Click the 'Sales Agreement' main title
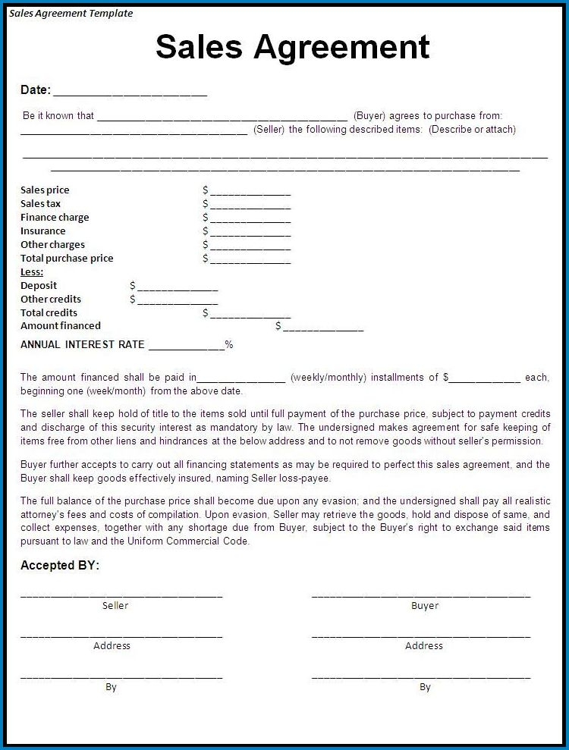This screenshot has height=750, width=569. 292,47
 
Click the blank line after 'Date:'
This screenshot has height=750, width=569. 130,93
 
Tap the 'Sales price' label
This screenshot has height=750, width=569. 45,190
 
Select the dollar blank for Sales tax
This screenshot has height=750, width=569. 250,205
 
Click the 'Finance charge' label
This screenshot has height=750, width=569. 55,218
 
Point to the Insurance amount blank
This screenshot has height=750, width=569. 250,232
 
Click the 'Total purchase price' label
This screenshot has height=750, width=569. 67,259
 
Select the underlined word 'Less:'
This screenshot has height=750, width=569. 32,271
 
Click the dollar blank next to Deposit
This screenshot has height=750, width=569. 177,287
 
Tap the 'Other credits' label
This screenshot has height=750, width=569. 51,300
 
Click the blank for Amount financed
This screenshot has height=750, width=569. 322,328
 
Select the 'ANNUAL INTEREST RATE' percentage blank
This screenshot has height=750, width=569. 186,346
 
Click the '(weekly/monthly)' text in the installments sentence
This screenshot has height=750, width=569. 328,377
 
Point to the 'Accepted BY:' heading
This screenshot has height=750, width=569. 60,566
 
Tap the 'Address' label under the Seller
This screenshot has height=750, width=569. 112,646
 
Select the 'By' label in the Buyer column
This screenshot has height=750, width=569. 425,687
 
